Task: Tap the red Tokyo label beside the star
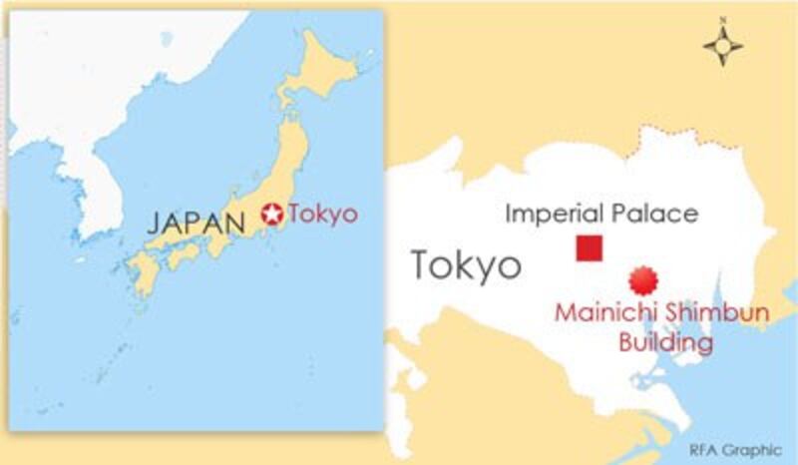(322, 213)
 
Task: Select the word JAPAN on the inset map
(196, 222)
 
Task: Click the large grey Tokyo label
(466, 265)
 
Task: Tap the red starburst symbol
(644, 279)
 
